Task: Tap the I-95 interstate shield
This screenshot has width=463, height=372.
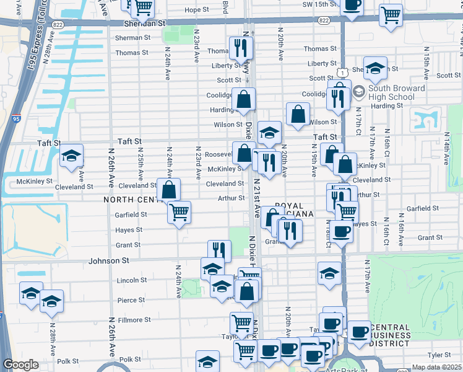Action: tap(15, 118)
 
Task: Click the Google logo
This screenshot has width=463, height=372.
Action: tap(20, 365)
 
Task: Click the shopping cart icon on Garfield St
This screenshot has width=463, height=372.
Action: tap(179, 213)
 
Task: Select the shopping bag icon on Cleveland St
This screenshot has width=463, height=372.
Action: tap(168, 190)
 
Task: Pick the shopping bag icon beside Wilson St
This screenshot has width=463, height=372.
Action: tap(298, 114)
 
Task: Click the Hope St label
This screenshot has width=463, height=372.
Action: tap(197, 10)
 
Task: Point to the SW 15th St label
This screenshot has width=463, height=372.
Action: tap(319, 4)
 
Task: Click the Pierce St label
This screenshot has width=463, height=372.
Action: tap(131, 300)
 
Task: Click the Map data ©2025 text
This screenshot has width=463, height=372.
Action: tap(436, 367)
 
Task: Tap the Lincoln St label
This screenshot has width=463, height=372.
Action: tap(132, 280)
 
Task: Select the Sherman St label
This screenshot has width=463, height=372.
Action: tap(132, 38)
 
